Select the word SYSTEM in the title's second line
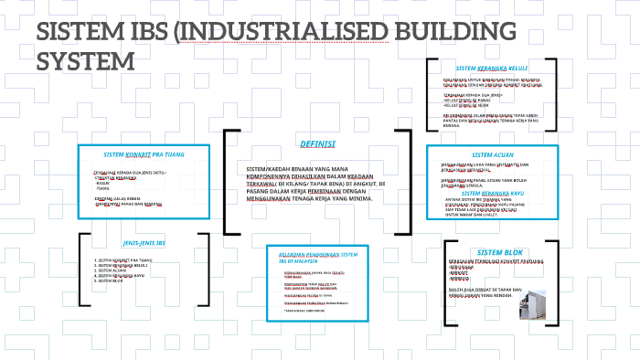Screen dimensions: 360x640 click(91, 62)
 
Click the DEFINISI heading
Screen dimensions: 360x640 click(317, 144)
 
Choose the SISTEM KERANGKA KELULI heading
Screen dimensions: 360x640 click(492, 69)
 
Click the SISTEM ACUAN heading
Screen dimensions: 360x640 click(493, 154)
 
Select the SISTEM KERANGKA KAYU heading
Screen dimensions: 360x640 click(493, 194)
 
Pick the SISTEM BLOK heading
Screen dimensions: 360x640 click(497, 252)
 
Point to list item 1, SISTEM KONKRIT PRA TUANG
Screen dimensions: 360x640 click(128, 259)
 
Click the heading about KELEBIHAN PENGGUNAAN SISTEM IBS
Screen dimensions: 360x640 click(317, 257)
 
